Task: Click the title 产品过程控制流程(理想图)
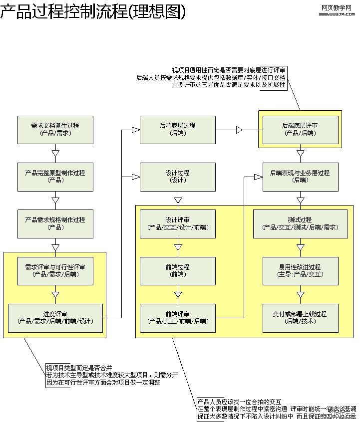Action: click(x=93, y=12)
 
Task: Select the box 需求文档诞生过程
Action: click(x=55, y=130)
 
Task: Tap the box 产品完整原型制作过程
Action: click(x=55, y=177)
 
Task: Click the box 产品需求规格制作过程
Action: click(x=55, y=223)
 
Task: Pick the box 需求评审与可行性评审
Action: click(x=55, y=271)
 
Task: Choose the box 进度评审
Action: click(x=55, y=318)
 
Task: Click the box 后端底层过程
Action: click(x=178, y=130)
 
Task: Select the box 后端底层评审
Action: click(x=300, y=130)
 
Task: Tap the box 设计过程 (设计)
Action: click(x=178, y=177)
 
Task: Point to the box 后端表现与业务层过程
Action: click(x=300, y=177)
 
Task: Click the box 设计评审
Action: click(x=178, y=223)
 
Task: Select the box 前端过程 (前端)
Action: click(x=178, y=271)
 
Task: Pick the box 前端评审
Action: click(x=178, y=318)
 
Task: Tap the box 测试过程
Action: click(x=300, y=223)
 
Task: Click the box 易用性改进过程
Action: click(x=300, y=271)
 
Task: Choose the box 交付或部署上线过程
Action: click(x=300, y=318)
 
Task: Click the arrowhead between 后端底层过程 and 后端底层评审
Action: click(x=239, y=130)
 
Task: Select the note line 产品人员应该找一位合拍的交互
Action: click(x=239, y=402)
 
